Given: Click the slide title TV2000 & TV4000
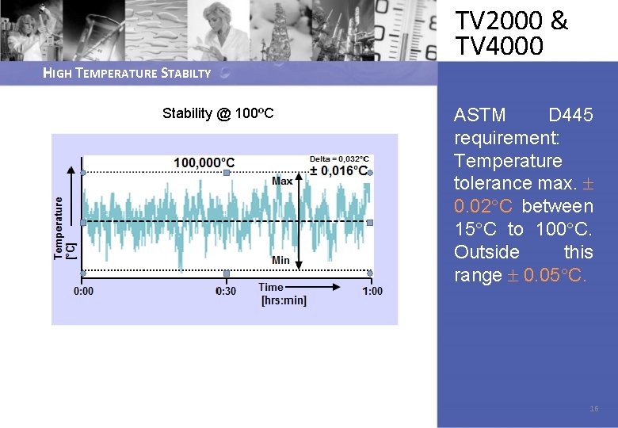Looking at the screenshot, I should [511, 33].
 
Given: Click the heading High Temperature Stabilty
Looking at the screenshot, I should [127, 74].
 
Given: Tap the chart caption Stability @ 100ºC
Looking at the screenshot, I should [218, 113].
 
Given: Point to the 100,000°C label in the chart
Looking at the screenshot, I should [204, 162].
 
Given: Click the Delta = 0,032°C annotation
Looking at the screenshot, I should [338, 159].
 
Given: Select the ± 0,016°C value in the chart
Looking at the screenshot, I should [338, 170].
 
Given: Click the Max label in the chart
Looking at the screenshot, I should [282, 181].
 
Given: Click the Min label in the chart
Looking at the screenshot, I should [280, 260].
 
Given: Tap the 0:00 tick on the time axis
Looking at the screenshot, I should [83, 291].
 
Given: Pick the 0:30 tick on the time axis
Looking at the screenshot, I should [227, 291].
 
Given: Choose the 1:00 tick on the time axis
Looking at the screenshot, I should [372, 291].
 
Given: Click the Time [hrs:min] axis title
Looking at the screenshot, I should [283, 293].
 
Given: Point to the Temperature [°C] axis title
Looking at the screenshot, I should [64, 228].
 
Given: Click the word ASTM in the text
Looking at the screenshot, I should [479, 116].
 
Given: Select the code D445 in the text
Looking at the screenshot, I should [570, 116].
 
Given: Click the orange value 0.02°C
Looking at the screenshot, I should [483, 207].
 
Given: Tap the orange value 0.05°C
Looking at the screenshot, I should [555, 276].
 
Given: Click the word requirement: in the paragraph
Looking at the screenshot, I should [507, 139].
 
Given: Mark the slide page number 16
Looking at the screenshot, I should [594, 409].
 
